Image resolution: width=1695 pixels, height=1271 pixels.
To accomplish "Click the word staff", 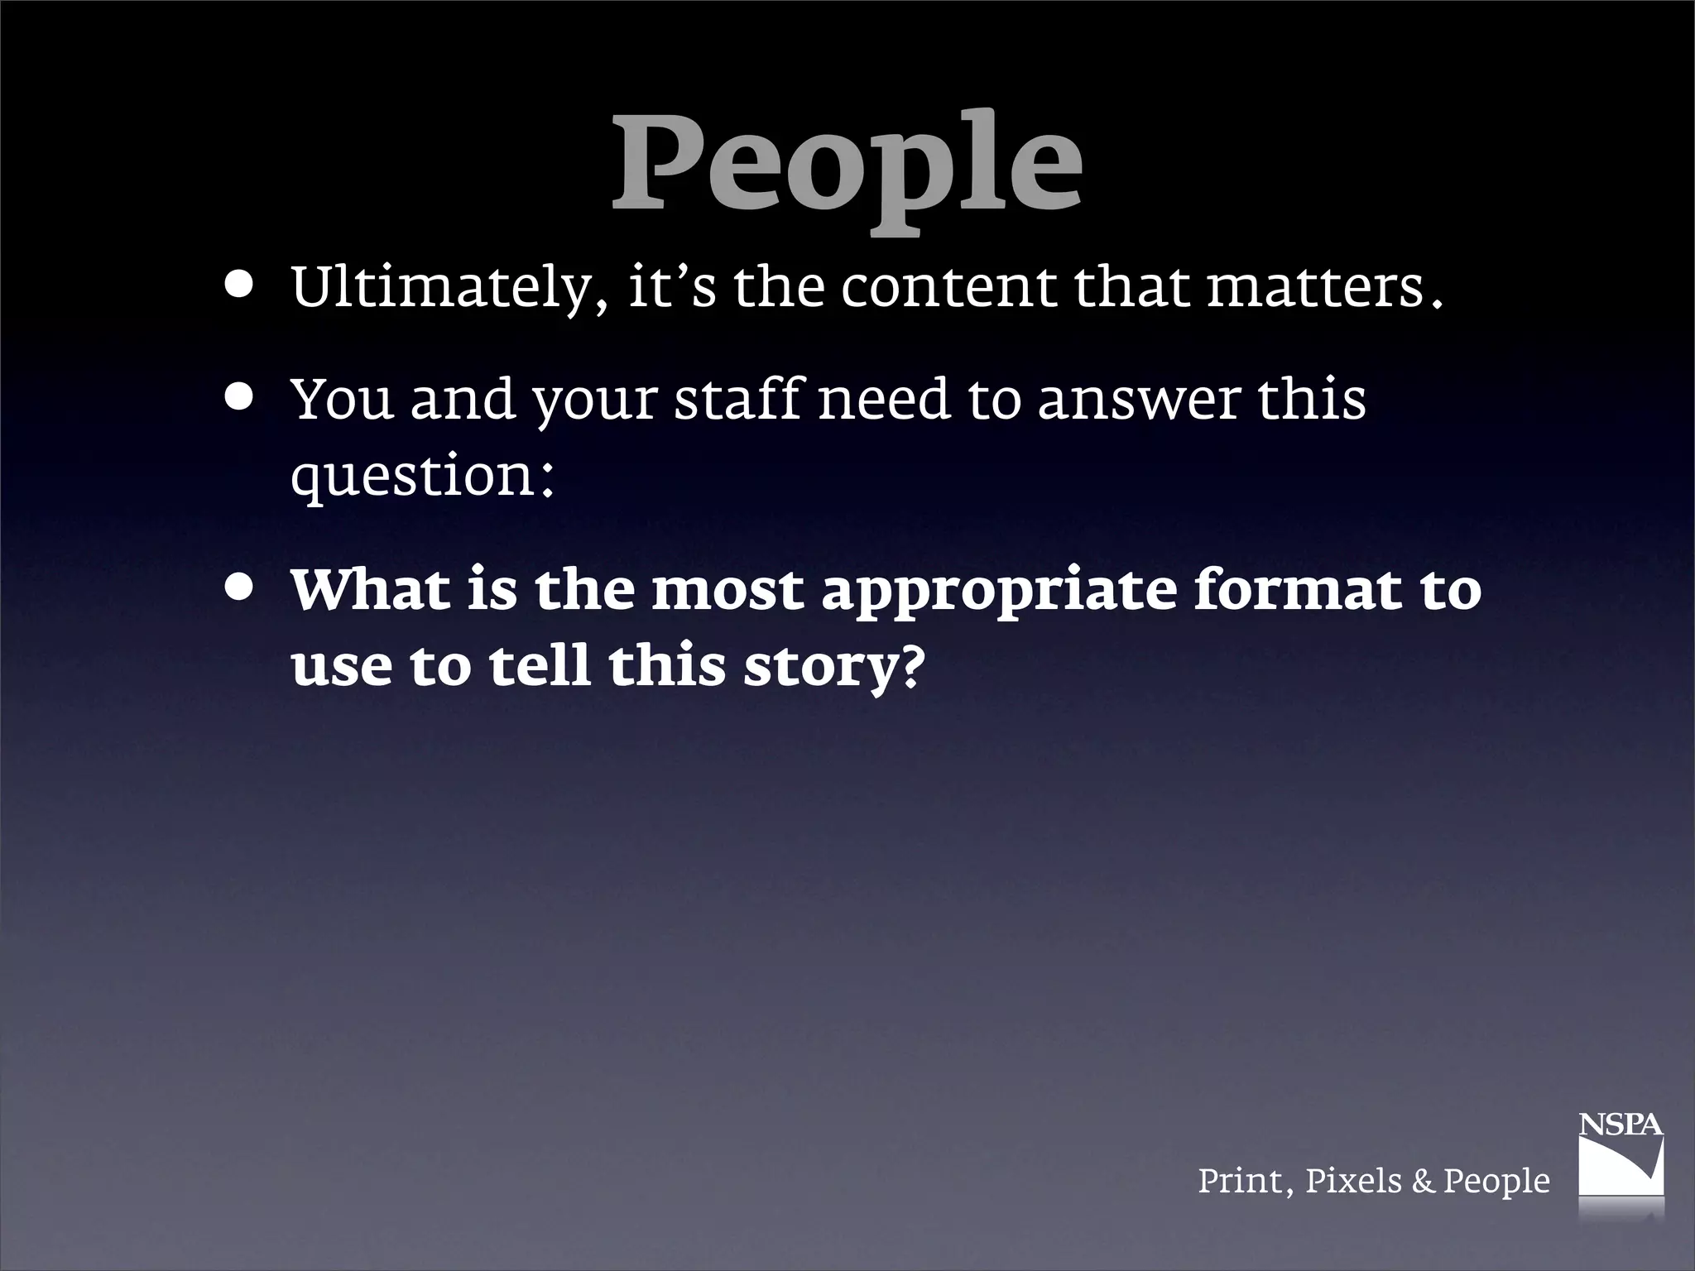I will click(737, 400).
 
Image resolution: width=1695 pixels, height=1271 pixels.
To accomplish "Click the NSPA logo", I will click(1621, 1167).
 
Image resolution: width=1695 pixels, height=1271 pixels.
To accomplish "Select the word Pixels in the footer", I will click(1353, 1181).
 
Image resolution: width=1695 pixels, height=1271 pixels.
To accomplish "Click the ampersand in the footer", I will click(1423, 1181).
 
